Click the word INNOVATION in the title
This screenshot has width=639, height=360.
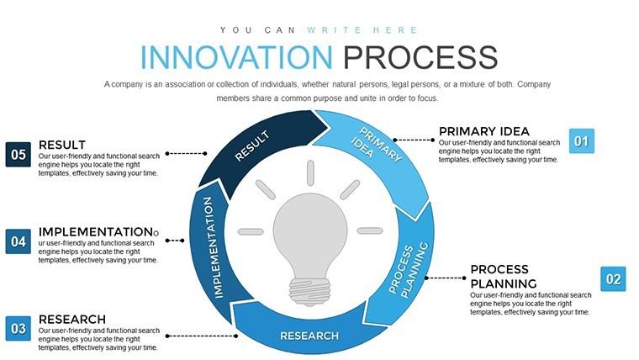click(x=236, y=57)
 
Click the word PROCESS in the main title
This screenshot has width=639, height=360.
click(x=420, y=57)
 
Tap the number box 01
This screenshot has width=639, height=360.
click(x=582, y=141)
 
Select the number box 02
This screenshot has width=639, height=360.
click(x=613, y=279)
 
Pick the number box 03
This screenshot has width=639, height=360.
click(x=18, y=329)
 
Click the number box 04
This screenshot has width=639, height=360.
click(x=18, y=241)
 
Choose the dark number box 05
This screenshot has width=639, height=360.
click(x=18, y=155)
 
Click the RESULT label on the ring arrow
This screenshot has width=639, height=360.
click(x=252, y=146)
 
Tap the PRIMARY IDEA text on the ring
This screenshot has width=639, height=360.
click(x=376, y=145)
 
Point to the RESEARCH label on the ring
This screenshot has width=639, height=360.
click(x=309, y=336)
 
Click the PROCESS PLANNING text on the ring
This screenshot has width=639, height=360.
click(x=409, y=270)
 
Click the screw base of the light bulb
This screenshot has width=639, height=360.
click(x=309, y=291)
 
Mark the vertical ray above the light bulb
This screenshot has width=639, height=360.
click(x=310, y=173)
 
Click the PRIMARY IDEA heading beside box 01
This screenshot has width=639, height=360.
click(x=484, y=131)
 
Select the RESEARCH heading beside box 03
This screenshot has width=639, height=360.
click(x=72, y=320)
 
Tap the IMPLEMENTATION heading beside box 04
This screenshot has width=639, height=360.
click(x=96, y=232)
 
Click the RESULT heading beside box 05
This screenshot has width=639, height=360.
click(x=62, y=145)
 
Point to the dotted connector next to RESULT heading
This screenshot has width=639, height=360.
click(x=187, y=154)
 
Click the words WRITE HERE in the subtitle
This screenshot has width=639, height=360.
click(x=362, y=30)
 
